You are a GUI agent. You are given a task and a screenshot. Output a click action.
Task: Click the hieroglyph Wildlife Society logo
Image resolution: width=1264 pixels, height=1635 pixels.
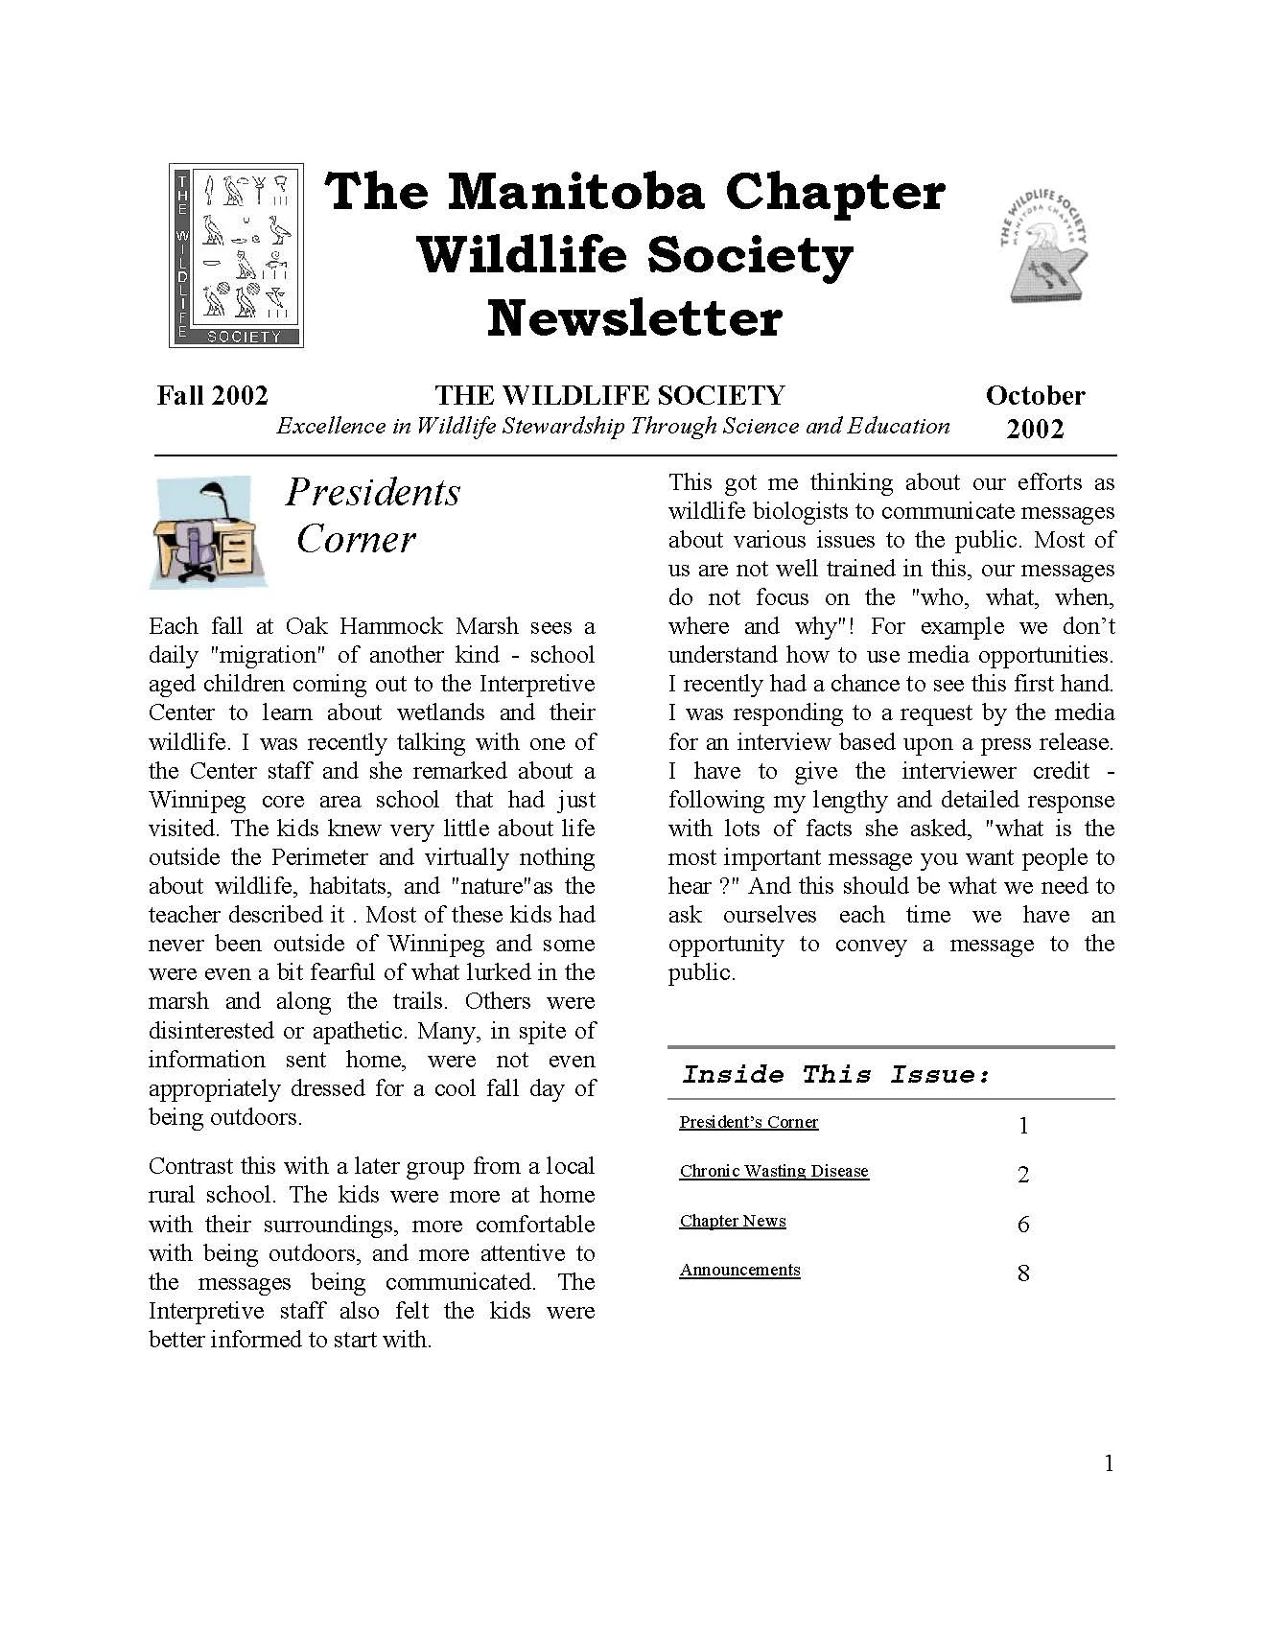[x=236, y=254]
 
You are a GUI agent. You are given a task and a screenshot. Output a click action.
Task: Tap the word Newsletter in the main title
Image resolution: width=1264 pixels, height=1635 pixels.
[x=634, y=319]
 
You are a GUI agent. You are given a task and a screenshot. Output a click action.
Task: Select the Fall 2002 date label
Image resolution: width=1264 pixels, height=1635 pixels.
[x=212, y=395]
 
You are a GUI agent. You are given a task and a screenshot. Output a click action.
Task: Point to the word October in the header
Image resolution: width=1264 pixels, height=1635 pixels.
[x=1035, y=395]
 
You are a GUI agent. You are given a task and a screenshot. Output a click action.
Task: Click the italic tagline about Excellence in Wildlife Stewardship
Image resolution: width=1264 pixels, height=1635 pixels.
[x=613, y=427]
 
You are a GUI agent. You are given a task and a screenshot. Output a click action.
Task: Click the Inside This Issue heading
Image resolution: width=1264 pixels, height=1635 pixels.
[x=835, y=1074]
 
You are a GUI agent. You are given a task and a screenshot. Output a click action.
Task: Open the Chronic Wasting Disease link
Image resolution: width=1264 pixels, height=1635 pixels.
[x=773, y=1171]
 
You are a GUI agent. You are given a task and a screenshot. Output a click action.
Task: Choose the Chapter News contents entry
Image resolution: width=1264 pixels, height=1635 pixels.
[x=733, y=1221]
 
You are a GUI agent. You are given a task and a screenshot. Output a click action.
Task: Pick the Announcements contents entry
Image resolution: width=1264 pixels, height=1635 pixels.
[x=739, y=1270]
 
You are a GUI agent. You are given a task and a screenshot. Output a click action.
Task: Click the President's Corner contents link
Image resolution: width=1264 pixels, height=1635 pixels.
[x=748, y=1122]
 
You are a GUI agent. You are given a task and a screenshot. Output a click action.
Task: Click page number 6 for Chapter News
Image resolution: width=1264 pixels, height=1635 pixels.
[x=1023, y=1225]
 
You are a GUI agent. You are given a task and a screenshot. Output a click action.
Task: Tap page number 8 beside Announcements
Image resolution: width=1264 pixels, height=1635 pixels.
[x=1023, y=1273]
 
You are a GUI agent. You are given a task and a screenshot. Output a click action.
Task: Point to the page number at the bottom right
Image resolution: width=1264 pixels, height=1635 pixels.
[x=1109, y=1463]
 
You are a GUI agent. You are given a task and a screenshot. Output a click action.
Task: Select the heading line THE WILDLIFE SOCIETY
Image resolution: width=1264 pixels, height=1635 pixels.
[x=610, y=395]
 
